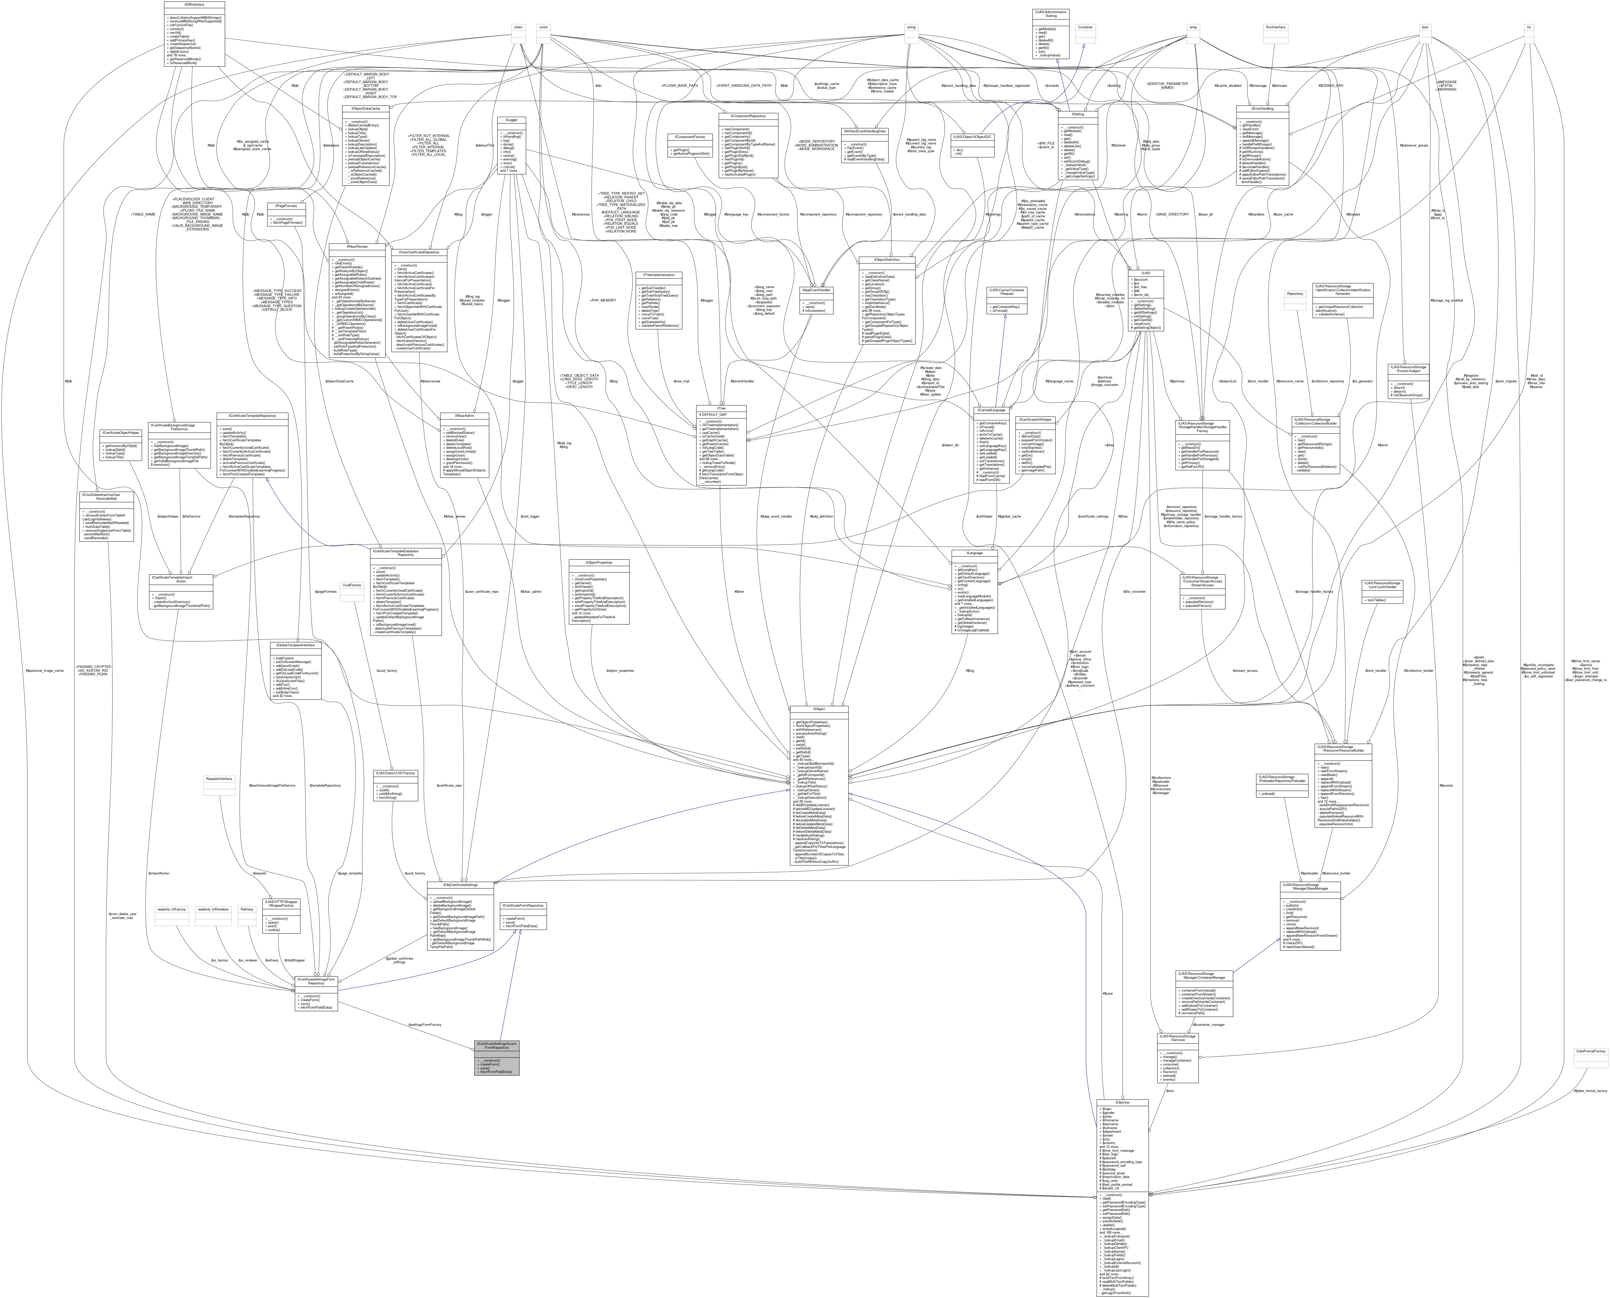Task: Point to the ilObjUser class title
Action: (x=1121, y=1102)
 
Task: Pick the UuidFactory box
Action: (x=352, y=585)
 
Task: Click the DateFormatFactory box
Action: (x=1590, y=1051)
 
